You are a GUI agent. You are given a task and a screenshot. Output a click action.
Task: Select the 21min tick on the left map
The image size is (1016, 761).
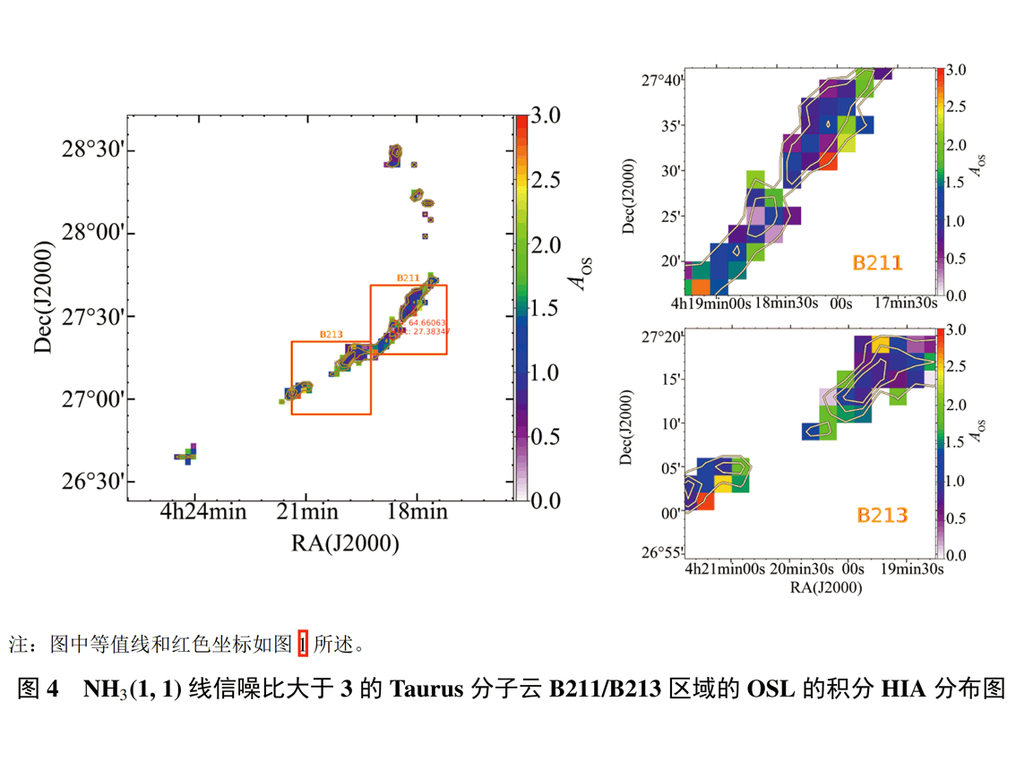pos(306,513)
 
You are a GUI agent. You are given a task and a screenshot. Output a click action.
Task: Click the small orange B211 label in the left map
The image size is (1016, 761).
pos(409,278)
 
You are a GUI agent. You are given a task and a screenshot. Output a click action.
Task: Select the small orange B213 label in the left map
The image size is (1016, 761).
pos(331,335)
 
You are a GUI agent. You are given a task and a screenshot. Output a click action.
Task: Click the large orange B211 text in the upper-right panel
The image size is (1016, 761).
pos(877,262)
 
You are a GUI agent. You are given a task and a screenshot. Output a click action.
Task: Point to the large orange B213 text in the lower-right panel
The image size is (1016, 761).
pos(883,515)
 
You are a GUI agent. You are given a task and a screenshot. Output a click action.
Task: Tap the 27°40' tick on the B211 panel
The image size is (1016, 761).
pos(664,81)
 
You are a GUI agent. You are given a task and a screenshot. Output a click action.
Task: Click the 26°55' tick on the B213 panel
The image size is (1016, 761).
pos(664,552)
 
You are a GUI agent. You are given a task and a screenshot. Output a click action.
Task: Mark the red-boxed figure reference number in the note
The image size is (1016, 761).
pos(302,643)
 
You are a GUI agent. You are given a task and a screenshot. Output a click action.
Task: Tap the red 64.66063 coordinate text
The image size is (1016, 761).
pos(426,322)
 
